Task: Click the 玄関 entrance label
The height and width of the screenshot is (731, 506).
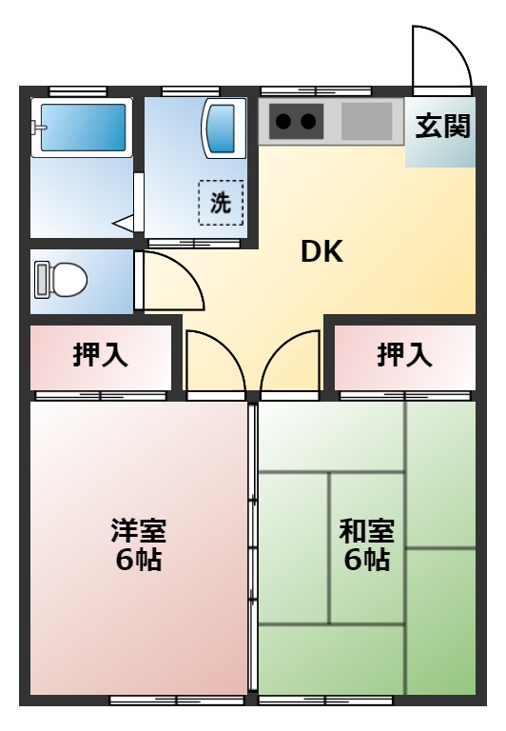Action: tap(442, 126)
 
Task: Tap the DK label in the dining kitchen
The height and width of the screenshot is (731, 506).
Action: tap(322, 251)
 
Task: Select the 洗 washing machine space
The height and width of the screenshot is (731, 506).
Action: tap(221, 203)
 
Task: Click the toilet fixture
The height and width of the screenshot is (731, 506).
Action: tap(61, 280)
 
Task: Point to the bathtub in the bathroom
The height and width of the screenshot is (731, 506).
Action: tap(84, 128)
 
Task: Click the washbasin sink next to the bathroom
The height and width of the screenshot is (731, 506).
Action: tap(219, 128)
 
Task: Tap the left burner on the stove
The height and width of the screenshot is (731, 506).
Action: tap(283, 122)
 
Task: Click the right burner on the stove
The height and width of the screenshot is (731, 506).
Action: tap(308, 122)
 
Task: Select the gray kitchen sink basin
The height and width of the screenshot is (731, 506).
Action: tap(367, 121)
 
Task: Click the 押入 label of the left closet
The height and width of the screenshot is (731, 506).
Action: tap(100, 355)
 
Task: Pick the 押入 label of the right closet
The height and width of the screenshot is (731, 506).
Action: tap(404, 355)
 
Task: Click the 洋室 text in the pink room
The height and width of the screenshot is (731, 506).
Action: tap(138, 531)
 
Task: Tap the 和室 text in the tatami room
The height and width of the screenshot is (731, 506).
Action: tap(367, 531)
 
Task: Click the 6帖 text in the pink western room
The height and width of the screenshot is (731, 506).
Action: tap(138, 560)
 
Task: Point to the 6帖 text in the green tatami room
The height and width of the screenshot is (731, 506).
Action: tap(367, 560)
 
